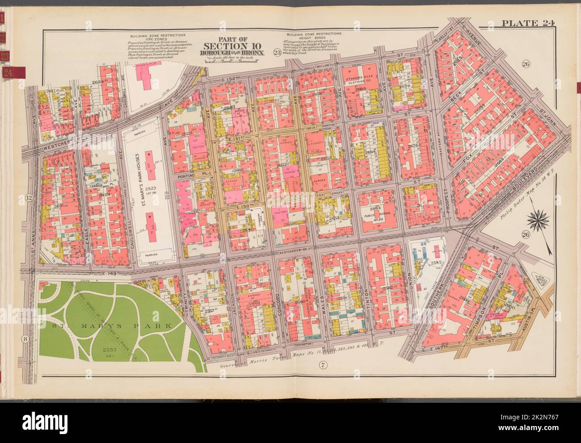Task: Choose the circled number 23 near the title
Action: pos(277,53)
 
